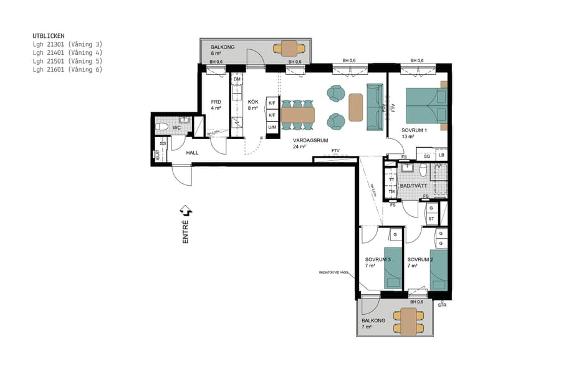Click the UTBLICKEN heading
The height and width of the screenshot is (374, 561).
click(49, 36)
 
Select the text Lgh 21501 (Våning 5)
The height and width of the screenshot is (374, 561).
click(67, 61)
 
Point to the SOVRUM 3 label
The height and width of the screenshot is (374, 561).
click(378, 259)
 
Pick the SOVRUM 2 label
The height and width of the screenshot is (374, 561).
click(420, 259)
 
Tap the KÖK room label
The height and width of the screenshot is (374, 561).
click(253, 102)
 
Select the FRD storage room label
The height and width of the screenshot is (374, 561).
click(216, 102)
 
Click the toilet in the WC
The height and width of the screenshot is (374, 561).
click(161, 127)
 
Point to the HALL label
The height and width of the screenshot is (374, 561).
click(192, 152)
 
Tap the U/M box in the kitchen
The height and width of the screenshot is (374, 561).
click(272, 127)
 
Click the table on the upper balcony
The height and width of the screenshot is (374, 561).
click(289, 48)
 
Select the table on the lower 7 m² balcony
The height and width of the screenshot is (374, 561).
click(408, 321)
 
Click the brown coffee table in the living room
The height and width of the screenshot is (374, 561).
click(356, 107)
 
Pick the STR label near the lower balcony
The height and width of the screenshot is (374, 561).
click(443, 305)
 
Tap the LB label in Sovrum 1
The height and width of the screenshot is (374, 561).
click(441, 155)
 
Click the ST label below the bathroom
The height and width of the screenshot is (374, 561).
click(431, 218)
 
